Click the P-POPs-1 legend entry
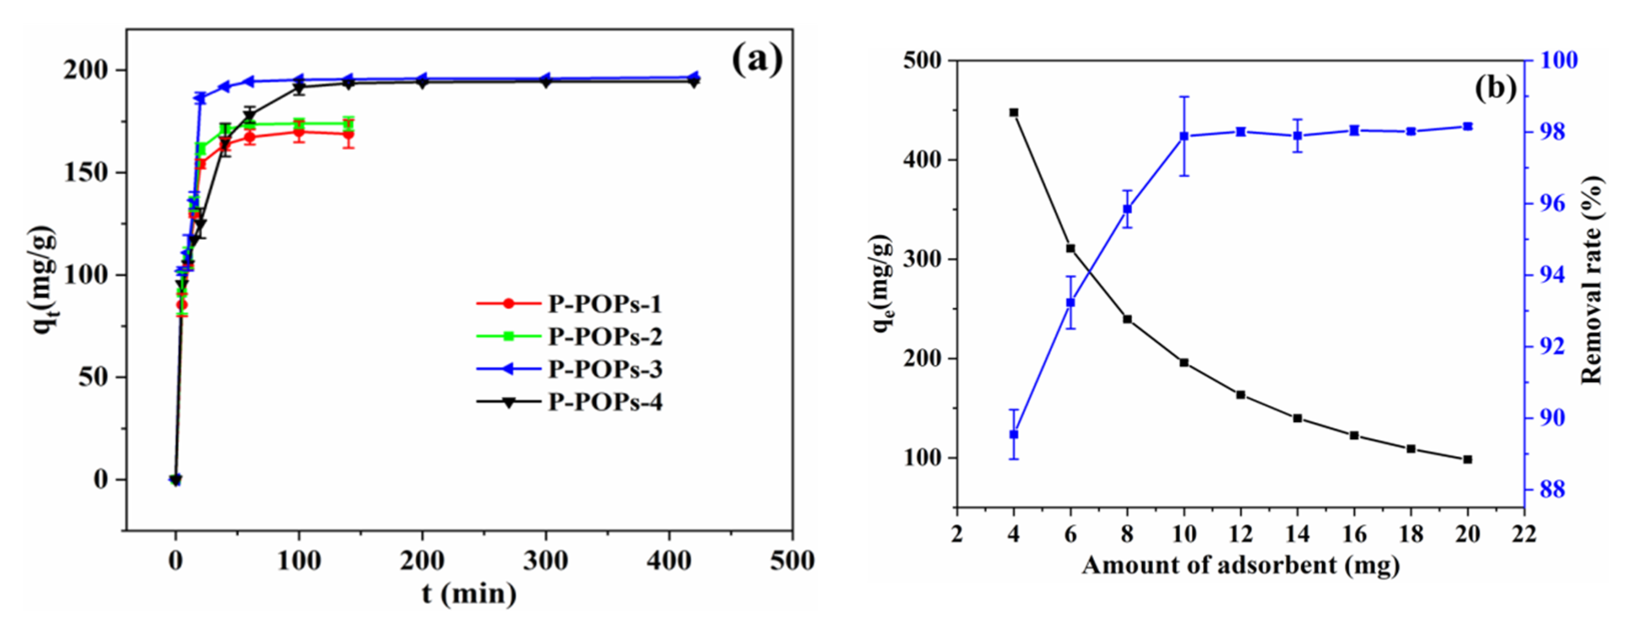coord(605,304)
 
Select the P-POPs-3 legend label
coord(605,369)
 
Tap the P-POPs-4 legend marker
coord(508,402)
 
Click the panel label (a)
coord(757,60)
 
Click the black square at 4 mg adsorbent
coord(1013,113)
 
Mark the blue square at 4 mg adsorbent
coord(1013,435)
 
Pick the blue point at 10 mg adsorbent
coord(1184,136)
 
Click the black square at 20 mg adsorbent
coord(1468,459)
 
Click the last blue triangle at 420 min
coord(694,77)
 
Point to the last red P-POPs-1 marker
coord(348,134)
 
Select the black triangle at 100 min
coord(299,88)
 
